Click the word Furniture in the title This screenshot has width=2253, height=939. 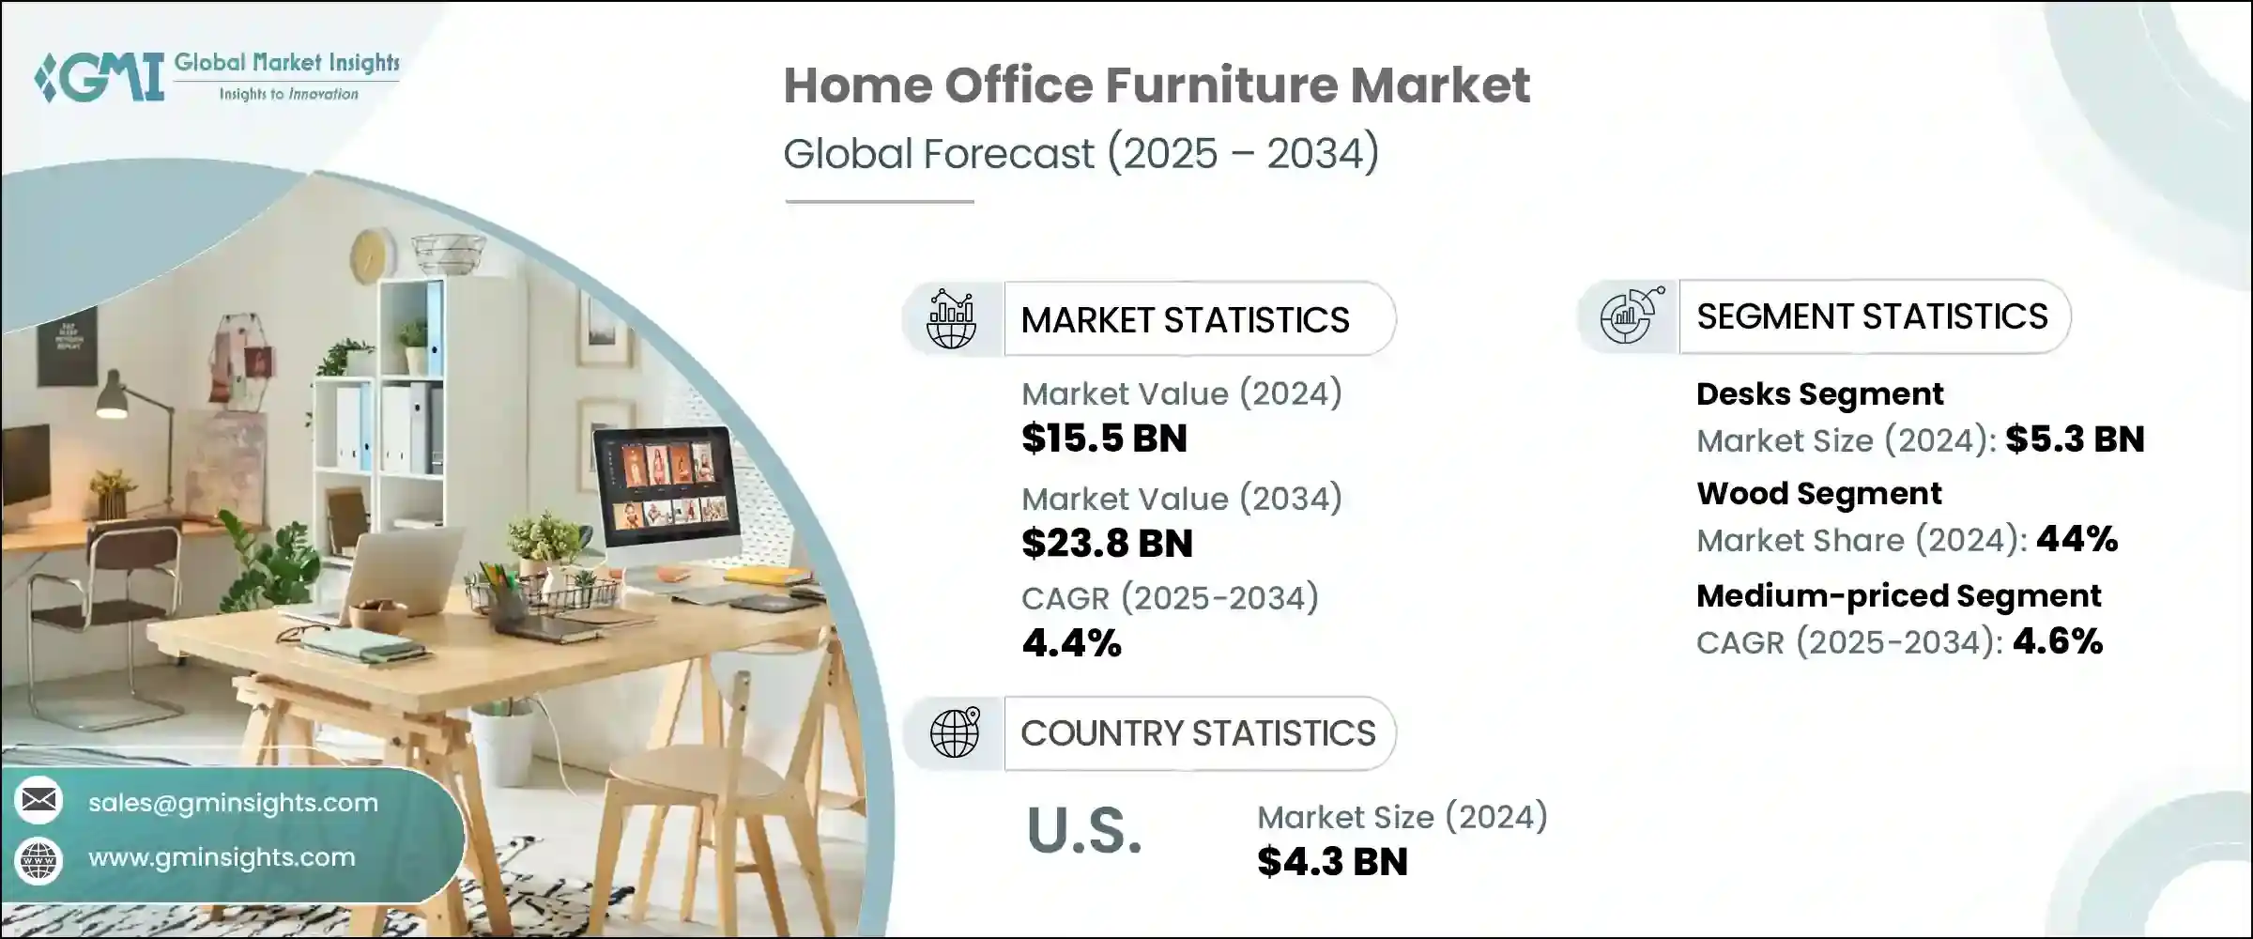(1220, 85)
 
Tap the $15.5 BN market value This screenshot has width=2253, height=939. (1104, 439)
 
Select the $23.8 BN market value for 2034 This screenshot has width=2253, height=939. (1107, 544)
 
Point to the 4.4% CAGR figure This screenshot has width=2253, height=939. (1071, 643)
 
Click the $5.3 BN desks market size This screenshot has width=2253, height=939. (2075, 439)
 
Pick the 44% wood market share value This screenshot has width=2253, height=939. (2077, 539)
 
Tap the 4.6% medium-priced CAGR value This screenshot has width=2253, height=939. (2058, 641)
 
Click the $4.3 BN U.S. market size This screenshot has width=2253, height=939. (1332, 862)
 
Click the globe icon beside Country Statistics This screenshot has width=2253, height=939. (955, 733)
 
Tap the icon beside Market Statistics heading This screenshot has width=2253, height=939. (951, 319)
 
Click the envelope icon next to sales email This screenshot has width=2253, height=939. (38, 801)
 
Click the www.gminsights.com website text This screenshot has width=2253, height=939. (222, 857)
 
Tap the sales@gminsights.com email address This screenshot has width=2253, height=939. (233, 803)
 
